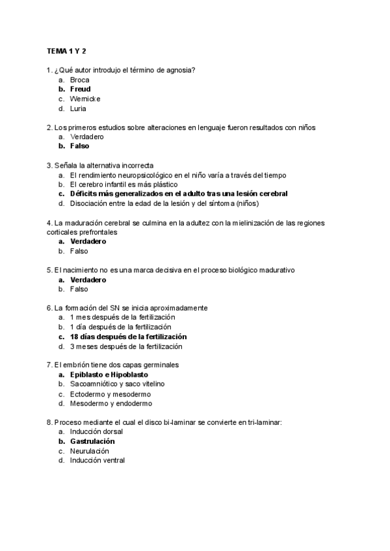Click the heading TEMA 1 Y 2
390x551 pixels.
[66, 51]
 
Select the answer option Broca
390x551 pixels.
[80, 79]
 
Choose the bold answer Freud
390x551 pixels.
[81, 89]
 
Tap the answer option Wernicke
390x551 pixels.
[85, 99]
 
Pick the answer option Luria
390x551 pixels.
[79, 109]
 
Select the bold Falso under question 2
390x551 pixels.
[80, 146]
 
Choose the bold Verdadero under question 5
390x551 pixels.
[88, 279]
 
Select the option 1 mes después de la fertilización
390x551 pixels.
[122, 317]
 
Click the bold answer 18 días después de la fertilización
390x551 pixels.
[128, 337]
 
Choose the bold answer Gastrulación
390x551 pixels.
[97, 441]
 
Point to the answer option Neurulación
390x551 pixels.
[90, 451]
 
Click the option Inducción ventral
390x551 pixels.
[97, 461]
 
